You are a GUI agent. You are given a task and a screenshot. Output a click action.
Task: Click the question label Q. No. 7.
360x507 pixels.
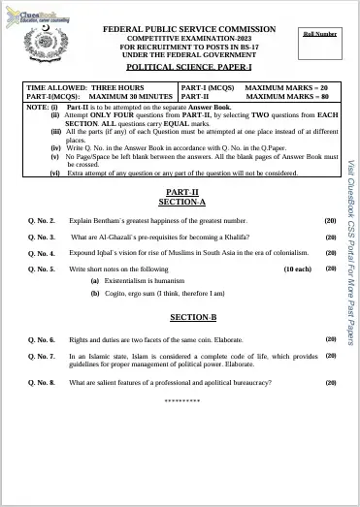coord(42,356)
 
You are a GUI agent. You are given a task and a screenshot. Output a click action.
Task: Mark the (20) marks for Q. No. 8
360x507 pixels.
coord(330,382)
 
